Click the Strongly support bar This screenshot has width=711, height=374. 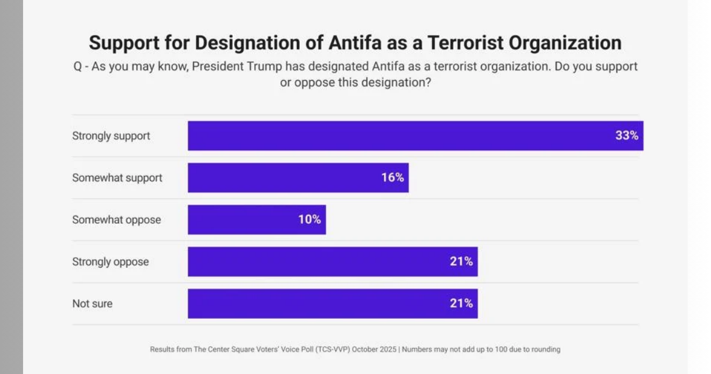click(x=403, y=136)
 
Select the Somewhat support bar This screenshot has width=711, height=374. click(x=284, y=178)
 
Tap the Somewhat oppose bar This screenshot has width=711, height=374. click(x=243, y=220)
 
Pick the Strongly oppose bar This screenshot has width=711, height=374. click(x=320, y=261)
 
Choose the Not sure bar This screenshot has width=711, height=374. click(x=320, y=303)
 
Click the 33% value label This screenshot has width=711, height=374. click(x=626, y=136)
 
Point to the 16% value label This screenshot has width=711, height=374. click(x=392, y=178)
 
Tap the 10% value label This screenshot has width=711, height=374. click(x=309, y=220)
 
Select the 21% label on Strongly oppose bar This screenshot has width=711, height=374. click(x=461, y=261)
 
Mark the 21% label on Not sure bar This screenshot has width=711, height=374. click(x=461, y=303)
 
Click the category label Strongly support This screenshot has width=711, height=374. click(x=111, y=136)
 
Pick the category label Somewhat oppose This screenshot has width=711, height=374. click(x=117, y=220)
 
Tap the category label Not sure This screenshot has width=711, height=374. click(x=92, y=303)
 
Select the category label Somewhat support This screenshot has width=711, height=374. click(x=117, y=178)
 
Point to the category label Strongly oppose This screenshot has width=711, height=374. click(x=111, y=262)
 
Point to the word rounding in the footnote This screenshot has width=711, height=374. click(x=545, y=350)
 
